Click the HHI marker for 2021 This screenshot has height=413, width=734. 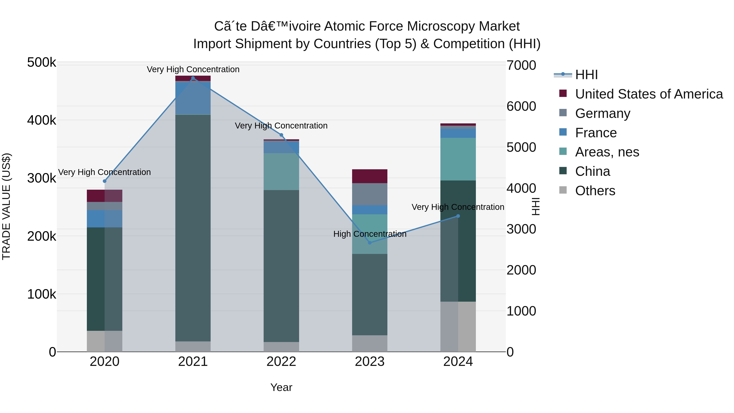[x=193, y=78]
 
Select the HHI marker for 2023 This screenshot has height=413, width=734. [x=370, y=242]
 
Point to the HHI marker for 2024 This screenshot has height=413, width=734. [x=458, y=216]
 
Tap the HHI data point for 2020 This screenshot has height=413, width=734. [x=105, y=181]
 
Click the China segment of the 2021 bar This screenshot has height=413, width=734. [x=193, y=228]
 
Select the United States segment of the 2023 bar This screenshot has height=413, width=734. [x=370, y=176]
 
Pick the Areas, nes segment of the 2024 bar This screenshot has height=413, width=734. [x=458, y=159]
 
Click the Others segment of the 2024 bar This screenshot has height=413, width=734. [x=458, y=326]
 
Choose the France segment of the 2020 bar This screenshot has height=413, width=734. [x=105, y=219]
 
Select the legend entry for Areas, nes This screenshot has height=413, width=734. [x=607, y=152]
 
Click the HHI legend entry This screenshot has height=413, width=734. [x=586, y=75]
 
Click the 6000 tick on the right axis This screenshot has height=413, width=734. [x=521, y=106]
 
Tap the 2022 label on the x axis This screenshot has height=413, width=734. [x=281, y=362]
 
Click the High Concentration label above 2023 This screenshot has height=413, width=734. [x=370, y=234]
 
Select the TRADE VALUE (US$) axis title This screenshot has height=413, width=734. [x=6, y=206]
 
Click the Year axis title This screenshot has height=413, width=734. [x=281, y=387]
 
